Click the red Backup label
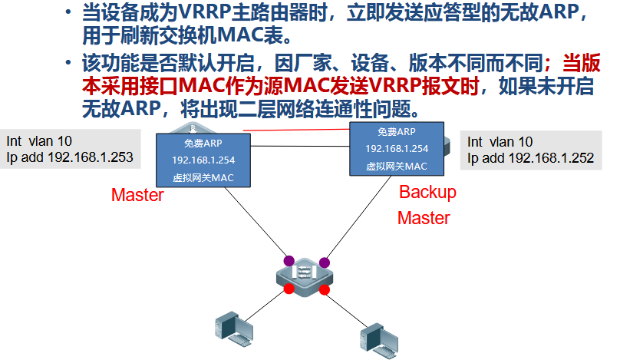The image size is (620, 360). (x=427, y=192)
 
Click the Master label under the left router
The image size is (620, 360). (x=137, y=195)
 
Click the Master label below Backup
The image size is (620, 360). (x=424, y=218)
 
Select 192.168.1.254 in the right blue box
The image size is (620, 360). (x=397, y=148)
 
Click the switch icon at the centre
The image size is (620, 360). (x=306, y=275)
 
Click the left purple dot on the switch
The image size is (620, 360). (x=289, y=261)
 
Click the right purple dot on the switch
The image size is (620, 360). (x=325, y=261)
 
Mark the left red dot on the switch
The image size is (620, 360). (x=289, y=289)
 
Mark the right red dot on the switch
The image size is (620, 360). (x=325, y=289)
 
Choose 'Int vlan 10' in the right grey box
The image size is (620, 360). (x=500, y=141)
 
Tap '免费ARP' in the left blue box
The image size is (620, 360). (x=203, y=144)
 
